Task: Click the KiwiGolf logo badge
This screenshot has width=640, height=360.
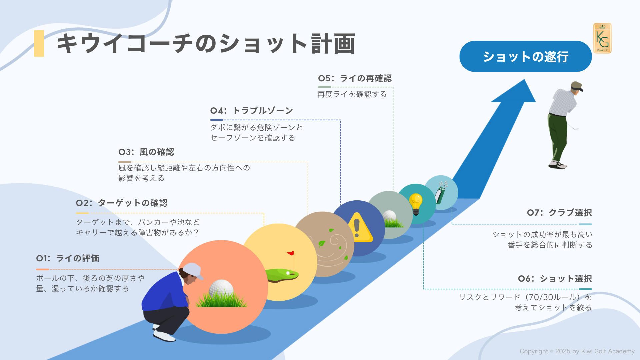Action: click(602, 38)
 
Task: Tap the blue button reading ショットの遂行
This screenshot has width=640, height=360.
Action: click(525, 57)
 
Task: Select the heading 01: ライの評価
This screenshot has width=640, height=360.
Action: click(68, 258)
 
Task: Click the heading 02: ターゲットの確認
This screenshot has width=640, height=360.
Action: click(122, 203)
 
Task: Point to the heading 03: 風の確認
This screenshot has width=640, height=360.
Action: click(146, 152)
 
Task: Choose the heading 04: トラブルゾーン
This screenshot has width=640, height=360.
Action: click(252, 111)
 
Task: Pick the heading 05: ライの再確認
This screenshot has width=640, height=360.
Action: click(355, 78)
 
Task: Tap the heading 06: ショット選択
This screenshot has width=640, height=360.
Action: click(555, 279)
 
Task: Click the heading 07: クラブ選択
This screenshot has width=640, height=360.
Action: click(559, 213)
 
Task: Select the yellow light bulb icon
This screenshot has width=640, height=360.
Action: click(416, 203)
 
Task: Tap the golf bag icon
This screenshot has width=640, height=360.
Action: click(441, 192)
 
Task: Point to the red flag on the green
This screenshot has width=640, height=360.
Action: click(291, 253)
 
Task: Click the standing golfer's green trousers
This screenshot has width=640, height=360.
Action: click(558, 137)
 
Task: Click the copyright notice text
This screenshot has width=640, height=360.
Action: click(577, 351)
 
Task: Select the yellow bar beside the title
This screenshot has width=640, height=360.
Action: click(39, 43)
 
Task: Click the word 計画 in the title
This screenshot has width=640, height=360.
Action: click(333, 44)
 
